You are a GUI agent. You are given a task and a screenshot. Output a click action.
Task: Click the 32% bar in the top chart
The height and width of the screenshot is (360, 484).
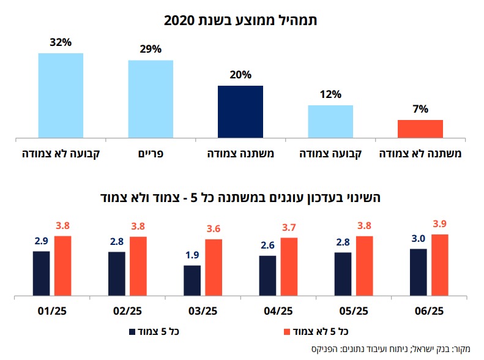point(61,95)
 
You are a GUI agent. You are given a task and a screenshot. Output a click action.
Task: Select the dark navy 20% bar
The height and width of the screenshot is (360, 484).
point(240,111)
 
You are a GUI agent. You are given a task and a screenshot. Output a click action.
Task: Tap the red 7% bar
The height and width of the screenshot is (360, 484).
point(420,129)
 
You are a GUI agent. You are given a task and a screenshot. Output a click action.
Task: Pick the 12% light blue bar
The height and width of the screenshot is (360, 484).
point(330,121)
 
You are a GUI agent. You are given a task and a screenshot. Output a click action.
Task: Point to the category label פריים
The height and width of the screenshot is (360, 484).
point(151,151)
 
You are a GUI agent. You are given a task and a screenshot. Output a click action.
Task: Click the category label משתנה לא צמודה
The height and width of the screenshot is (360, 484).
point(420,151)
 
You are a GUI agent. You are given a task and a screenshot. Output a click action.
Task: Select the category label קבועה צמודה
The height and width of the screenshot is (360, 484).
point(330,151)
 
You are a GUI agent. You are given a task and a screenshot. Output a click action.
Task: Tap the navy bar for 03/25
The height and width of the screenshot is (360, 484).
point(192,280)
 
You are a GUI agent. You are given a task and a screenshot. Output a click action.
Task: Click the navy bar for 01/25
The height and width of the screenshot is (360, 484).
point(41,273)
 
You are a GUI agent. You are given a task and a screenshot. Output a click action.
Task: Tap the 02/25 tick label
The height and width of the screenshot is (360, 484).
point(127,311)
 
